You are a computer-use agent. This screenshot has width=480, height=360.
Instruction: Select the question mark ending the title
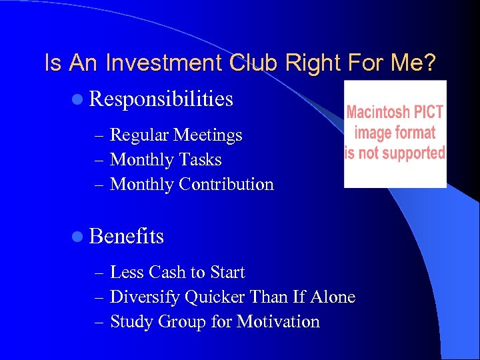pos(430,63)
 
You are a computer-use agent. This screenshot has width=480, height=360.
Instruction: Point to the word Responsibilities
pos(161,99)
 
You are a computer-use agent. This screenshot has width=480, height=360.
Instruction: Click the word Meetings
pos(207,135)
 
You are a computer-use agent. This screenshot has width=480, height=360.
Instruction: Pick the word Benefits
pos(126,236)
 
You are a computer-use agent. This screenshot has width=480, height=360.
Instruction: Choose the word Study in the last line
pos(131,322)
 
